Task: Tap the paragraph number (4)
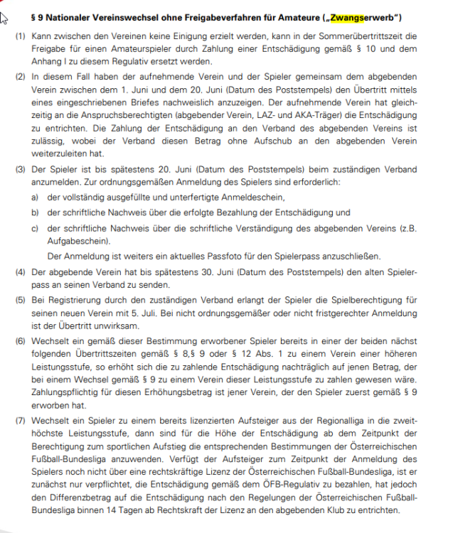click(21, 272)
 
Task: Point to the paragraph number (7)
click(21, 421)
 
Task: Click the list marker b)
click(33, 212)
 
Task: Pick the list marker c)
click(33, 228)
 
